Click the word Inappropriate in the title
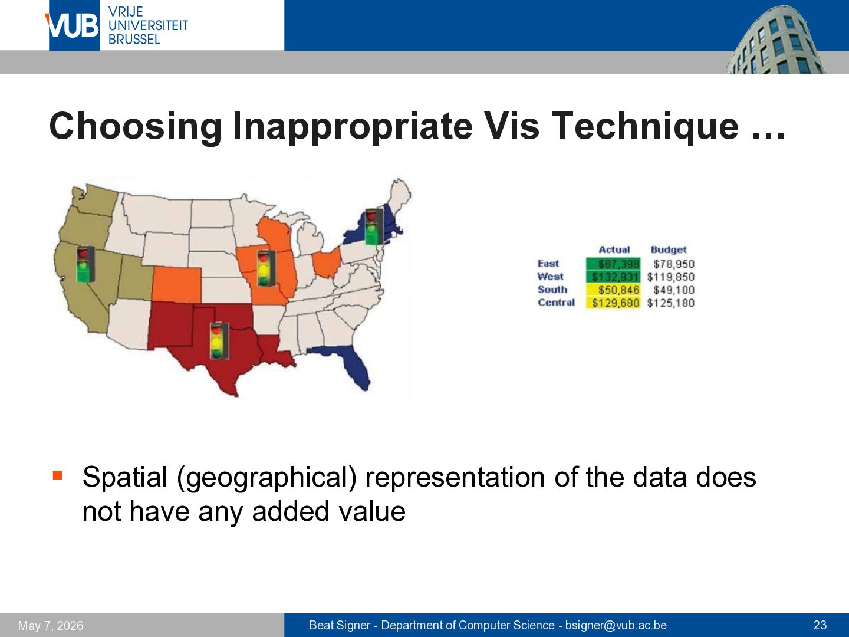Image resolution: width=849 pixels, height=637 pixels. [353, 127]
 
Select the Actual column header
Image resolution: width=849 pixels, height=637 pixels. [614, 249]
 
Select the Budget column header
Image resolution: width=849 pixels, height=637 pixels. [669, 250]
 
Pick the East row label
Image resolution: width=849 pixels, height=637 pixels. [548, 264]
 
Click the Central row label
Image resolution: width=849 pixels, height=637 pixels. [556, 302]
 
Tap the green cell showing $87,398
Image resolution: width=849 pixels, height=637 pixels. [613, 264]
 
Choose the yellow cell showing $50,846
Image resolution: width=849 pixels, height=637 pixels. [613, 290]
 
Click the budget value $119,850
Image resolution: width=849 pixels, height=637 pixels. [671, 277]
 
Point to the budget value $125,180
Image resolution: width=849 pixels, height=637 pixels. [671, 303]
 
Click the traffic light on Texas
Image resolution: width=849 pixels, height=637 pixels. [219, 341]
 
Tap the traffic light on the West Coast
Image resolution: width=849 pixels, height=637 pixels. [85, 264]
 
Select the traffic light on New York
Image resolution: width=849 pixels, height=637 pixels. [374, 226]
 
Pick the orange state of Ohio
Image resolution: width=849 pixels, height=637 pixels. [327, 262]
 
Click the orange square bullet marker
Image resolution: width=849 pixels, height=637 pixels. [57, 475]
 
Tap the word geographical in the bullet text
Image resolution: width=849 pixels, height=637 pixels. [266, 478]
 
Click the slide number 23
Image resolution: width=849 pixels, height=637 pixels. [820, 625]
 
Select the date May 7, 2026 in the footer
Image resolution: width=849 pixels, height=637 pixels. [51, 626]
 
